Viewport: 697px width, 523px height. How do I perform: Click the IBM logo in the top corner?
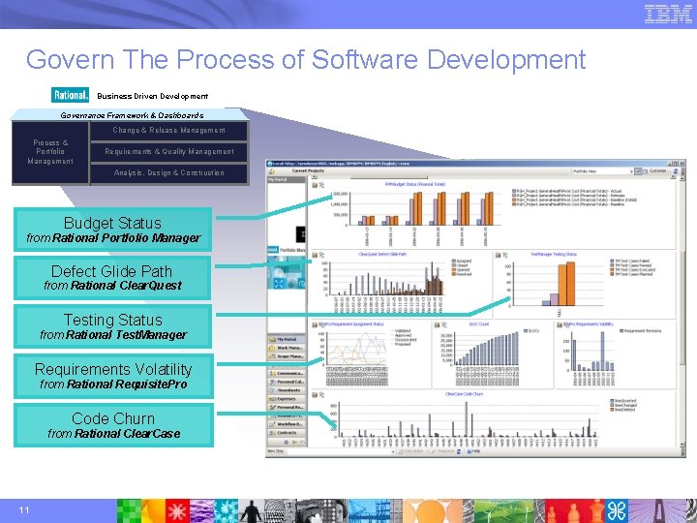point(668,15)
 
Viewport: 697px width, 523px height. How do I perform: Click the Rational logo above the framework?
point(71,96)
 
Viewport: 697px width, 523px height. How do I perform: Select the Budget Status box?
point(112,231)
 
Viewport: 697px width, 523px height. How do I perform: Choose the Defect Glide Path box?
point(112,278)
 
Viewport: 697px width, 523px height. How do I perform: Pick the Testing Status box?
point(112,326)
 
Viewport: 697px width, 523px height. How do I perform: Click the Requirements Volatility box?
point(112,376)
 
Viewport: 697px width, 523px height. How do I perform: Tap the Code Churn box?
point(112,425)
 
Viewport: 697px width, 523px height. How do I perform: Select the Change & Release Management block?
point(168,131)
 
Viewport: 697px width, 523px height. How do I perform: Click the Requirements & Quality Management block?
point(168,152)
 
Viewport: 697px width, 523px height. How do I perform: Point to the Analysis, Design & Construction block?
point(168,173)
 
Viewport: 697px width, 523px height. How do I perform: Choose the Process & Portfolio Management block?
point(50,152)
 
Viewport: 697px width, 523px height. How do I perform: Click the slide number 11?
point(24,510)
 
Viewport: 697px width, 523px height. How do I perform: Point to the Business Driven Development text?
point(152,96)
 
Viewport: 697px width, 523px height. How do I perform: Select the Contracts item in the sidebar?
point(288,433)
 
